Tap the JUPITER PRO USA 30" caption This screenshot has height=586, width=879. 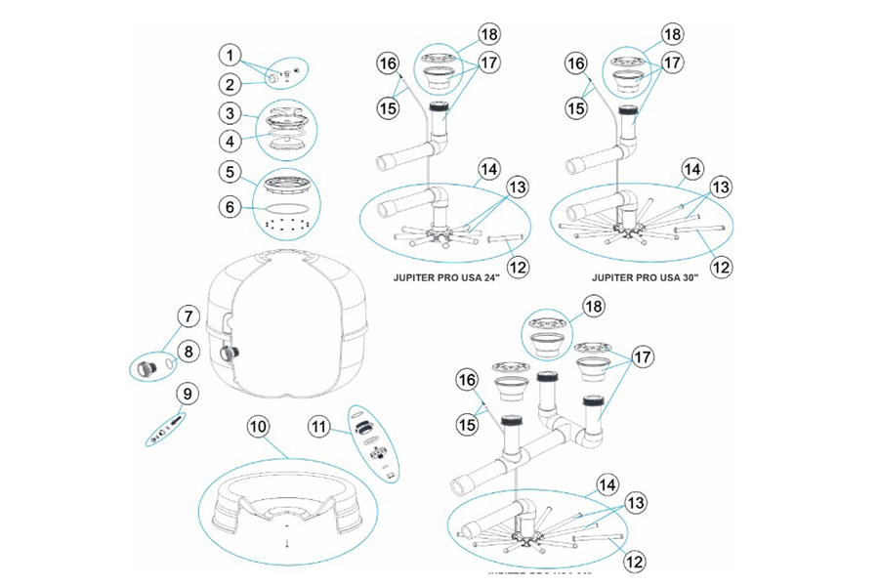(653, 276)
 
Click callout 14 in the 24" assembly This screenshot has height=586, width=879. (488, 168)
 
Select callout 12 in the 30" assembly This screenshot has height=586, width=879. (720, 264)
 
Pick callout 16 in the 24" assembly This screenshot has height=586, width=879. (390, 63)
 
